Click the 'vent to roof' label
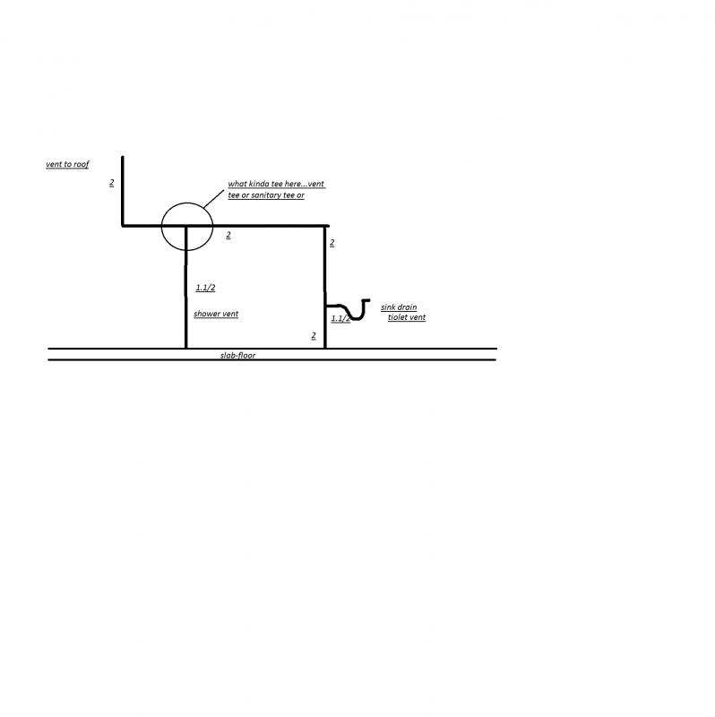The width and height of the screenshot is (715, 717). click(x=67, y=164)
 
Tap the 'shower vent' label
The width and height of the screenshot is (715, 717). click(x=216, y=314)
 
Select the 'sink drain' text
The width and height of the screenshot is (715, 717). click(x=399, y=307)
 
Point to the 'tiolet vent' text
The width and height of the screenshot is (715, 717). click(x=407, y=317)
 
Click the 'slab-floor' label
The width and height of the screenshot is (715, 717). click(x=237, y=355)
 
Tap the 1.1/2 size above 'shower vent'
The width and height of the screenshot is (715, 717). click(x=205, y=288)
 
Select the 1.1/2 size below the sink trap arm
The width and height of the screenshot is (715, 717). click(x=340, y=318)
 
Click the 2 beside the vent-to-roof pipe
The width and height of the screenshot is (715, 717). click(x=111, y=183)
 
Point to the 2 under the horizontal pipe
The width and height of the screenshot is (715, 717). click(x=228, y=235)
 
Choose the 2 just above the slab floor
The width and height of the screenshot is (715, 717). click(x=314, y=335)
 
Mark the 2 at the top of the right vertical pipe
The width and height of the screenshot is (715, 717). click(x=332, y=243)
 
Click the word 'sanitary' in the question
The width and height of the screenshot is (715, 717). click(x=266, y=195)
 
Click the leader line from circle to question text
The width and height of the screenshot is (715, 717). click(x=214, y=199)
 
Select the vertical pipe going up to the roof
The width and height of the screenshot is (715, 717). click(x=123, y=191)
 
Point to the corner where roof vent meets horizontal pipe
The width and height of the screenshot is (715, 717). click(x=123, y=226)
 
